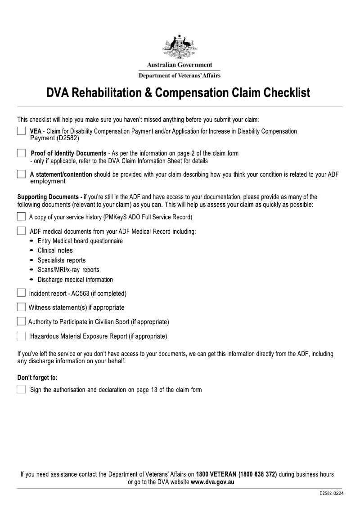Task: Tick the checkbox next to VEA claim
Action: [x=21, y=131]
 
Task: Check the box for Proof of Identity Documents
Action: [x=21, y=153]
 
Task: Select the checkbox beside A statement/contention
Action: [x=21, y=174]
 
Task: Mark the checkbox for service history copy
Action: [x=21, y=217]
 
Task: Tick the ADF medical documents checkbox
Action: [x=21, y=231]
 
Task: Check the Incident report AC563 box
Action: [x=21, y=293]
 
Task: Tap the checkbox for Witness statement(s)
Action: [x=21, y=307]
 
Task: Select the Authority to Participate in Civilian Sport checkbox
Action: [x=21, y=321]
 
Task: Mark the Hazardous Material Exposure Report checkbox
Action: [x=21, y=336]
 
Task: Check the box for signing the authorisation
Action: [x=21, y=389]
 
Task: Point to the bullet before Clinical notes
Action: [x=31, y=250]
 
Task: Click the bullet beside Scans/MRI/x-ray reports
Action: [x=31, y=270]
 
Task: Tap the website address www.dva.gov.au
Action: [x=212, y=482]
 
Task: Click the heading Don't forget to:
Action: [x=37, y=378]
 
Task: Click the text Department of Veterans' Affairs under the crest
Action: [x=180, y=76]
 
